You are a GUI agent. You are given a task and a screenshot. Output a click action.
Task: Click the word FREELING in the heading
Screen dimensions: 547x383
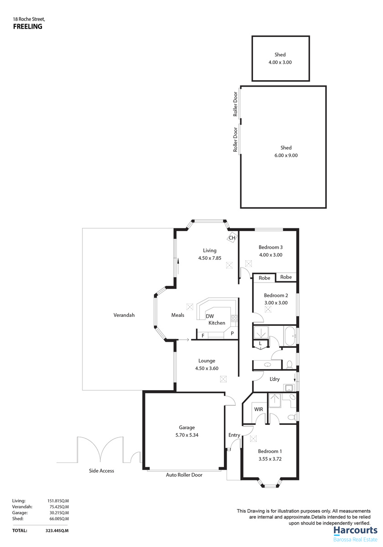[27, 26]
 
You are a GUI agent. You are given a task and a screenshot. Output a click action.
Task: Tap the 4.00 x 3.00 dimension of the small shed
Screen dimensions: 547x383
[280, 62]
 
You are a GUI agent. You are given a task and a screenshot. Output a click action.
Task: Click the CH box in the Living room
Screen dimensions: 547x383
[232, 237]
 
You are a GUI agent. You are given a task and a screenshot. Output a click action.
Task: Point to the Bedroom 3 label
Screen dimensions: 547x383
[270, 248]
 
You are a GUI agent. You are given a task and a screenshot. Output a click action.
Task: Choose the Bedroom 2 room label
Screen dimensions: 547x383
[276, 295]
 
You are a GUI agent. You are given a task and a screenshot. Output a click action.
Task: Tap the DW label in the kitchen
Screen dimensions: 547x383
[210, 316]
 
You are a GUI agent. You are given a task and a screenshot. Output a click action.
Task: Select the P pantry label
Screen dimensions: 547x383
[232, 334]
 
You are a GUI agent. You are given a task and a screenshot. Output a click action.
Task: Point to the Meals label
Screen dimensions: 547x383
[178, 315]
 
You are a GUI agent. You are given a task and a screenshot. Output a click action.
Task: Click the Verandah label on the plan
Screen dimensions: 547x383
[124, 315]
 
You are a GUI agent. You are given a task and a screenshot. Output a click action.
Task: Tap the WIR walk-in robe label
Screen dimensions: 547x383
[259, 409]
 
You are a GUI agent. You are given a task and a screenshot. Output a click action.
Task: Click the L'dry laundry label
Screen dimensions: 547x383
[275, 379]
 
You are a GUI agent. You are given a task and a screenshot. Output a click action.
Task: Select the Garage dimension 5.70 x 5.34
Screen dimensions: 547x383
[186, 435]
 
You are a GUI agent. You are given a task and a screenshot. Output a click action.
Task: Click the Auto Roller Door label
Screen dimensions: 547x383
[184, 475]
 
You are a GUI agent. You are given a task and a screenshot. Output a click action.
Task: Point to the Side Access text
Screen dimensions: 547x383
[101, 470]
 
